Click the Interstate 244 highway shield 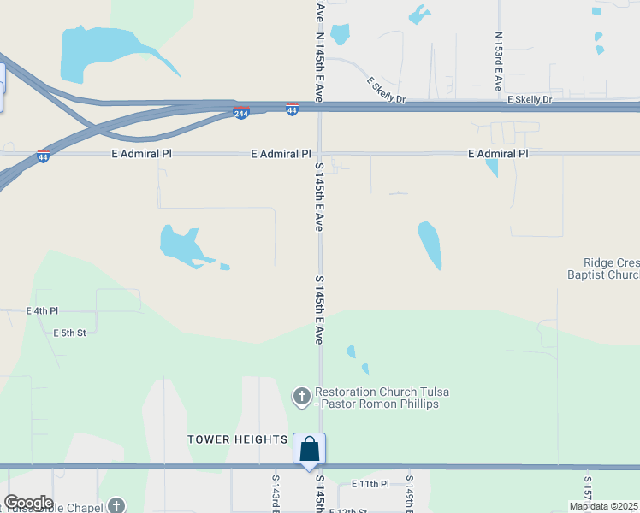pos(242,112)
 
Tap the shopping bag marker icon pos(309,449)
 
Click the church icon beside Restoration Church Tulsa pos(301,397)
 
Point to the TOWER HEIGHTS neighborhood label pos(238,439)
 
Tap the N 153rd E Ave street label pos(498,62)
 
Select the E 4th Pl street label pos(42,311)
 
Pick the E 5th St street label pos(70,333)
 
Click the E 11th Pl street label pos(370,484)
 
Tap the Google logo pos(28,503)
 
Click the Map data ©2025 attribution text pos(603,506)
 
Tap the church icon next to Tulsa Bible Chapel pos(116,505)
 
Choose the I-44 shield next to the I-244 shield pos(292,109)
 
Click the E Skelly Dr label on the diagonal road pos(386,91)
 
